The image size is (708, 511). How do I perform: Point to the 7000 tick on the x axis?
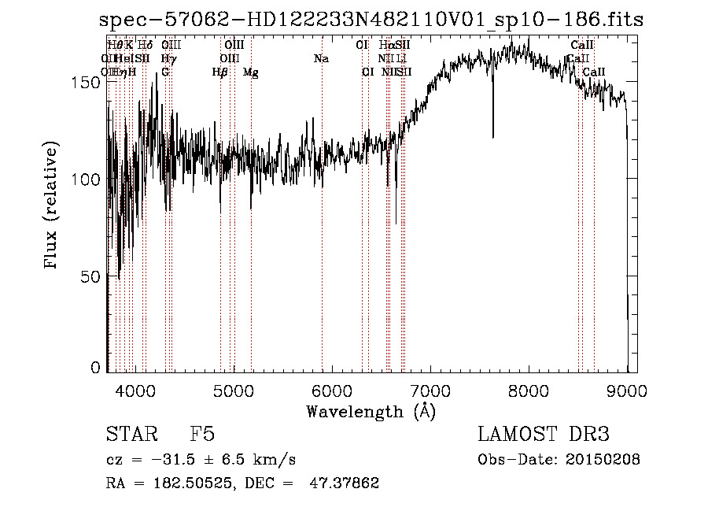pyautogui.click(x=430, y=389)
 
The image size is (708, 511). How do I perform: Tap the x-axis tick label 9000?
pyautogui.click(x=627, y=389)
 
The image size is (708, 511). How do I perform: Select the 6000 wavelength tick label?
pyautogui.click(x=332, y=389)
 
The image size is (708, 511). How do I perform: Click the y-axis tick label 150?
pyautogui.click(x=89, y=82)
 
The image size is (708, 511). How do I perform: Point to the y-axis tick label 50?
pyautogui.click(x=93, y=276)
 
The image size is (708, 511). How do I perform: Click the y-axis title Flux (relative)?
pyautogui.click(x=53, y=206)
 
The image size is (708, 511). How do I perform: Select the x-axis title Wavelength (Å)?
pyautogui.click(x=371, y=411)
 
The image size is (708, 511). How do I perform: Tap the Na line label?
pyautogui.click(x=321, y=59)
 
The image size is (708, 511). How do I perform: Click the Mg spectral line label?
pyautogui.click(x=250, y=72)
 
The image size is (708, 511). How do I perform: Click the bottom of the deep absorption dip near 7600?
pyautogui.click(x=493, y=136)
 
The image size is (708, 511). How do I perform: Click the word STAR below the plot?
pyautogui.click(x=129, y=435)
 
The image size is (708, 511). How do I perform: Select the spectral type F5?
pyautogui.click(x=202, y=435)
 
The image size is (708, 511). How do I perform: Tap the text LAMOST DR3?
pyautogui.click(x=544, y=435)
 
